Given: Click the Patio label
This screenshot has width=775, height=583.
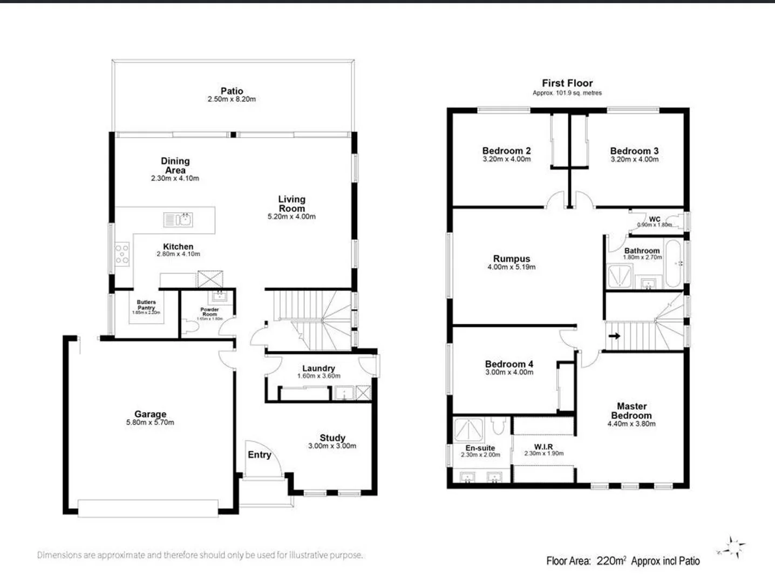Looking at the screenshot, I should point(232,91).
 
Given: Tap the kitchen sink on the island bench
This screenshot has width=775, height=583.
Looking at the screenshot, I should point(178,220).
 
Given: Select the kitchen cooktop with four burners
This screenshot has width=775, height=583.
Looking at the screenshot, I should point(123,254).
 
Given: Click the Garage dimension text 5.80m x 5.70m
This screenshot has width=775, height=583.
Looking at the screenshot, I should point(150,423).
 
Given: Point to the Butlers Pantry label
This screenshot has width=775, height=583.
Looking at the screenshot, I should point(146,305).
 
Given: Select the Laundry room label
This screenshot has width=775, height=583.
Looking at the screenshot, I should point(318,368).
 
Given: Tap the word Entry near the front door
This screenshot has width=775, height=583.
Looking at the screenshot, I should point(259,455).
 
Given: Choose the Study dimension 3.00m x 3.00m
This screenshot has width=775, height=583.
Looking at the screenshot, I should point(332,446).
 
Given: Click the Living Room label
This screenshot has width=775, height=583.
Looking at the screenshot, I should point(291,204).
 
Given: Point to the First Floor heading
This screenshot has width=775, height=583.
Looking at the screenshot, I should point(567,83).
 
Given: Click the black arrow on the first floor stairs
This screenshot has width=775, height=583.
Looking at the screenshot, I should point(614,336).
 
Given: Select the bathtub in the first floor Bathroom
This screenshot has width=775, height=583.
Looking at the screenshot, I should point(674,263).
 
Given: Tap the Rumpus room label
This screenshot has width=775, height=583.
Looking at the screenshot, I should point(512,259).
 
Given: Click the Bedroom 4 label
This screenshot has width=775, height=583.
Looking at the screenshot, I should point(509,364).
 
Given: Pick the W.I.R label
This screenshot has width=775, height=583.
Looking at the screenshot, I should point(543,447).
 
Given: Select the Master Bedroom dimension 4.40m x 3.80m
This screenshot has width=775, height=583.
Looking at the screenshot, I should point(631,424).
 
